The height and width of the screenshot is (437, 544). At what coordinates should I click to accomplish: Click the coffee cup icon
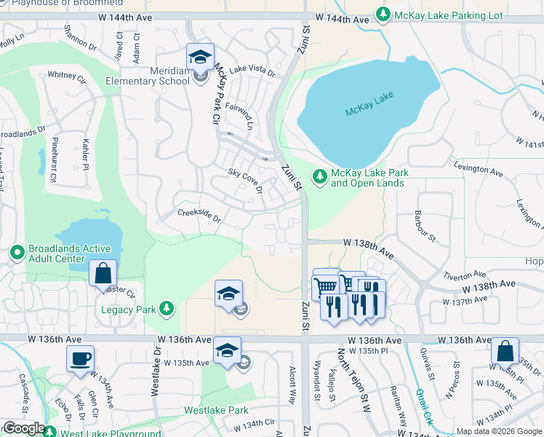coord(80,358)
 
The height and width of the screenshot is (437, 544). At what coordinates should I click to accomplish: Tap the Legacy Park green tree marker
coord(167,310)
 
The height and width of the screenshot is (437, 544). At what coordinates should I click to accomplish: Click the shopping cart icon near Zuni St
coord(325,283)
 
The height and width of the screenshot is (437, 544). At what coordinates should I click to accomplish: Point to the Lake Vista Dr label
coord(252,71)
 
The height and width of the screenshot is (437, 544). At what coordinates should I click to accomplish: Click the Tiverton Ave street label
coord(464,275)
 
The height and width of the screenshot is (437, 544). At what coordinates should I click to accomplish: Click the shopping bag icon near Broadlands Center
coord(103,274)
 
